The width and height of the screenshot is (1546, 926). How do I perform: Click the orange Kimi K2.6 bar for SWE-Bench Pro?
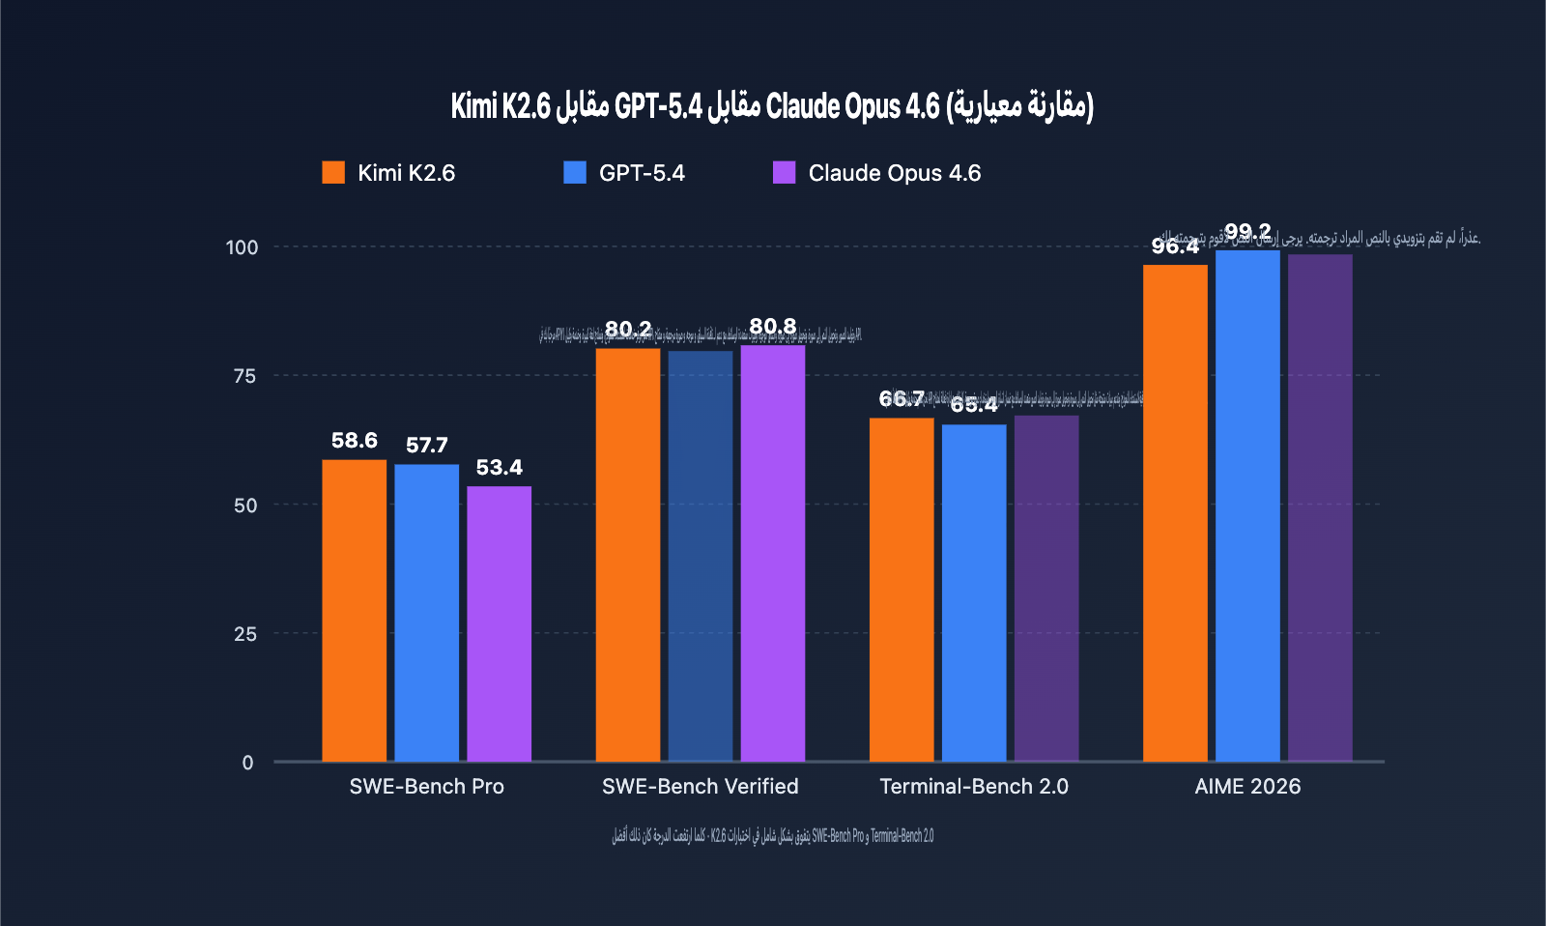click(x=354, y=611)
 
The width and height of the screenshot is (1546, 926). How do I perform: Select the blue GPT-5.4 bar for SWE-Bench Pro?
click(x=426, y=613)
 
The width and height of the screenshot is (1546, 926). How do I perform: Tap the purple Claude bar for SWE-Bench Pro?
click(x=499, y=623)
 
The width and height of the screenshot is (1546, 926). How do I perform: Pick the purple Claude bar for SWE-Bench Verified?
click(x=772, y=553)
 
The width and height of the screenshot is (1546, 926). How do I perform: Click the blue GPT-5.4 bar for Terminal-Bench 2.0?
click(x=973, y=593)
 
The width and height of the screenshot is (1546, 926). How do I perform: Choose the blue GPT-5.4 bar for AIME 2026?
click(x=1247, y=506)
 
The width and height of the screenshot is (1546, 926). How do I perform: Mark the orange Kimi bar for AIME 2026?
click(x=1175, y=513)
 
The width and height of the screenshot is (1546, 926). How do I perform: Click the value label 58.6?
click(x=354, y=441)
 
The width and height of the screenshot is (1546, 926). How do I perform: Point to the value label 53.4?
click(x=499, y=468)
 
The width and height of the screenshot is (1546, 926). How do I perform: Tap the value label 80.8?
click(x=772, y=327)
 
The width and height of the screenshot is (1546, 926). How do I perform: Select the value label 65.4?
click(x=973, y=405)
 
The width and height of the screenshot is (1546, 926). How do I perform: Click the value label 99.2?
click(x=1247, y=232)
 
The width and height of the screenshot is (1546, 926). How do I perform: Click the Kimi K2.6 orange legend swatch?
click(x=333, y=173)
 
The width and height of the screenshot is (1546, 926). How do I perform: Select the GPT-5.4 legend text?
click(x=642, y=173)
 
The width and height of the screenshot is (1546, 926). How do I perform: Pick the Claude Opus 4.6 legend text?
click(x=894, y=173)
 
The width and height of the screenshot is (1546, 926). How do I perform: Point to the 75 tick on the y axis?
click(x=244, y=376)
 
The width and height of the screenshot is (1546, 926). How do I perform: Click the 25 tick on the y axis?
click(x=244, y=634)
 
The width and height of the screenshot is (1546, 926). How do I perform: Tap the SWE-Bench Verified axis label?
click(x=700, y=787)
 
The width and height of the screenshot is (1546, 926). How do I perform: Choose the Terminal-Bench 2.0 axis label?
click(x=973, y=787)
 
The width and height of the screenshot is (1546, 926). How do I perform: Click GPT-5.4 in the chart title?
click(x=658, y=106)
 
